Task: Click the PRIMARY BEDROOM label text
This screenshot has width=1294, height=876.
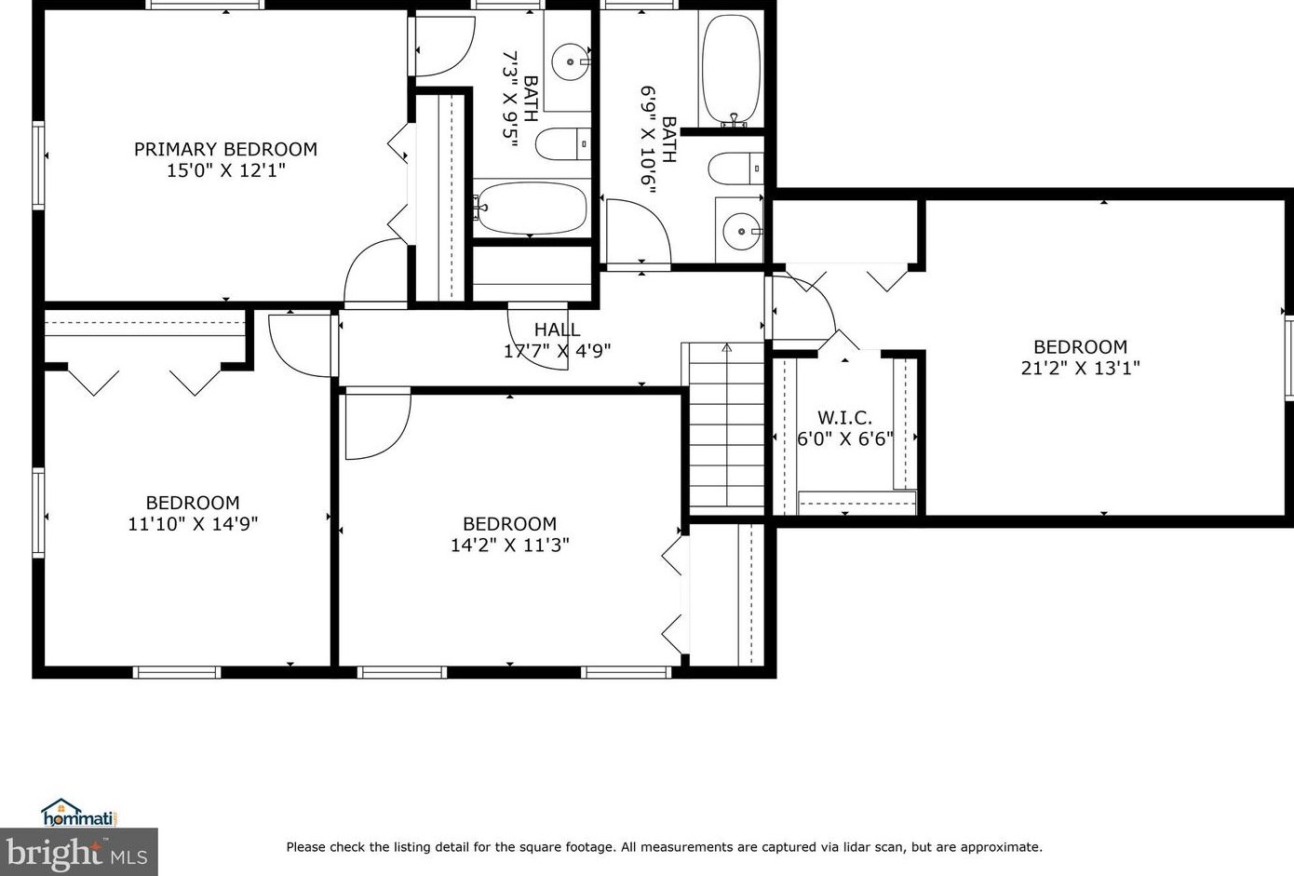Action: (225, 149)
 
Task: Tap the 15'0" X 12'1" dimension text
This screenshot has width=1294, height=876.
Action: (225, 170)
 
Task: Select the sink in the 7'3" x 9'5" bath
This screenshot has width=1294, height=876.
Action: (568, 62)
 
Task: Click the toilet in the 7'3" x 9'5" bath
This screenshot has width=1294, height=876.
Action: (561, 144)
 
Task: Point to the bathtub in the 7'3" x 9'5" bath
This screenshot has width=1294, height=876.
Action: (532, 209)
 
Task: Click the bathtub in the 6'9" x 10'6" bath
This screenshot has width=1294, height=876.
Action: (731, 70)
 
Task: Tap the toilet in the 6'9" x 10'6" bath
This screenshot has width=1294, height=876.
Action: (735, 168)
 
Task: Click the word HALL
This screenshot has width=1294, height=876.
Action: (557, 330)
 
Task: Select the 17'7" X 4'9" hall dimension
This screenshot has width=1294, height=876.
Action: (557, 351)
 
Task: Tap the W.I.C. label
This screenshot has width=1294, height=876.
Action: (844, 418)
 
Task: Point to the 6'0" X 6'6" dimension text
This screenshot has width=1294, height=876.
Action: (844, 438)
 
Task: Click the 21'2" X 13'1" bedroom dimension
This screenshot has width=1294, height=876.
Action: (1080, 368)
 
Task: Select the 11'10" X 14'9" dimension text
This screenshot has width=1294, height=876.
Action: (193, 524)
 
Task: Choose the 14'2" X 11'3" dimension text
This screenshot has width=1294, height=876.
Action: (509, 546)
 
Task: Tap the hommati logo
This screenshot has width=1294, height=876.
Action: (78, 814)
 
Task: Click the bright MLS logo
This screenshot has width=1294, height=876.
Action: (78, 852)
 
